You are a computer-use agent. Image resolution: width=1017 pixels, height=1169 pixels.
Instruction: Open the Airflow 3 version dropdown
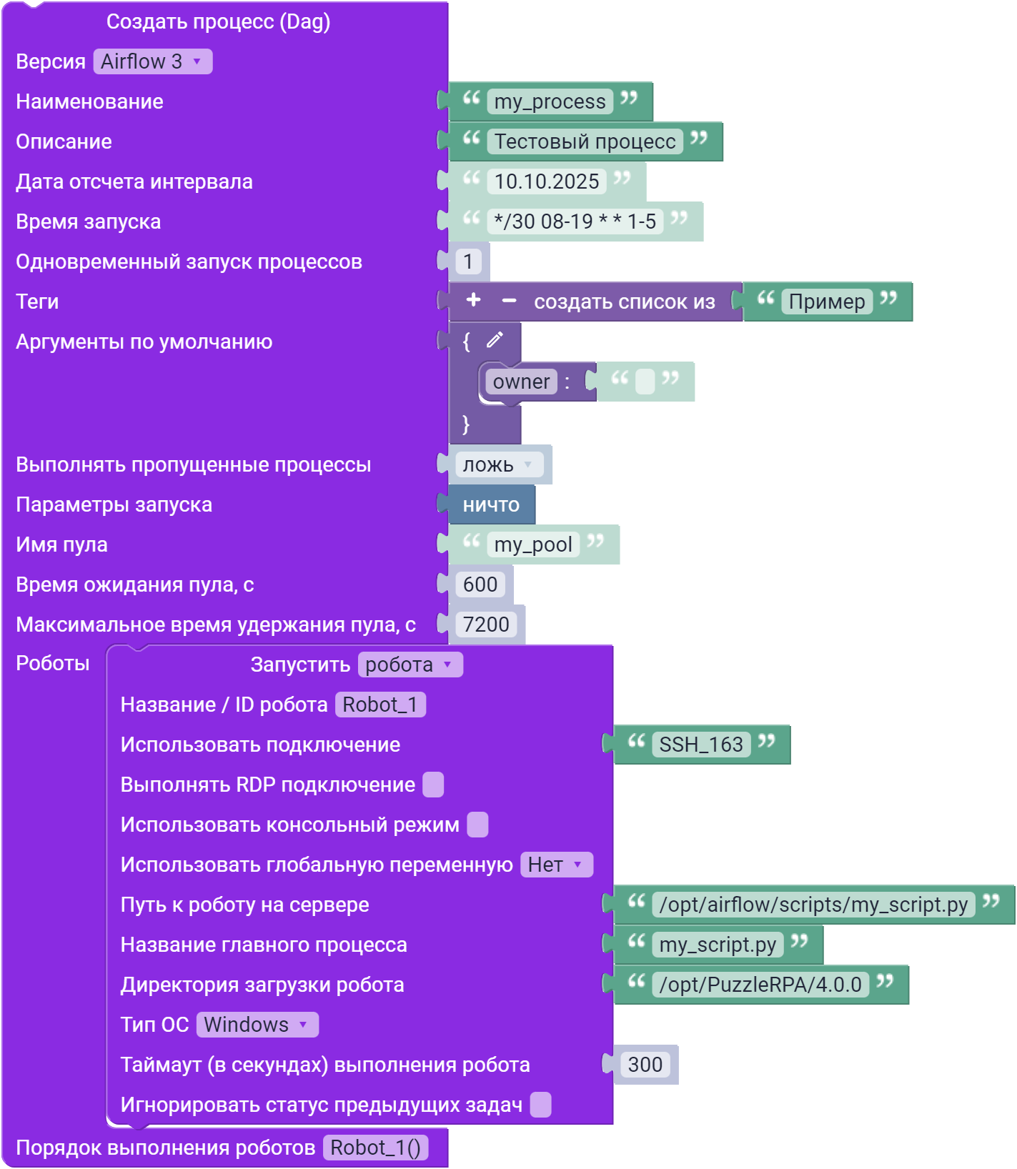(x=153, y=61)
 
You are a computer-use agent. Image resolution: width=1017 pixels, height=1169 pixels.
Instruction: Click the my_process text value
(x=550, y=101)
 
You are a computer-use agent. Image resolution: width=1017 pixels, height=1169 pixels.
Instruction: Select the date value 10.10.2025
(x=547, y=181)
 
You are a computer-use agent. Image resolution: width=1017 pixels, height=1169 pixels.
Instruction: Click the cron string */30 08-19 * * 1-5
(x=575, y=222)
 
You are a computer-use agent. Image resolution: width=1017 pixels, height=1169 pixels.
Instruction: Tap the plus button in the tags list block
(x=473, y=300)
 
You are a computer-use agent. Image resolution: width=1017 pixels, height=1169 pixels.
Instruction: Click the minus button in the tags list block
(x=509, y=301)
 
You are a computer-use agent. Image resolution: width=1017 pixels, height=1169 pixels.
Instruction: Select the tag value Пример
(x=827, y=302)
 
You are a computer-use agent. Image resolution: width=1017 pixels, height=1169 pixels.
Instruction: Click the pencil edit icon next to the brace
(x=495, y=340)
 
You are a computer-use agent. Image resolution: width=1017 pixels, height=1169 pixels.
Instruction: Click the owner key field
(x=521, y=382)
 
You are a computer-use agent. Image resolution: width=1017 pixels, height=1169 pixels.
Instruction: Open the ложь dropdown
(x=499, y=464)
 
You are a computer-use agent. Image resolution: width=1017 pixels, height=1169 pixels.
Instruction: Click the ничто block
(x=492, y=504)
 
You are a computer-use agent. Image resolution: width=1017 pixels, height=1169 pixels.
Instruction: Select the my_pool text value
(x=533, y=544)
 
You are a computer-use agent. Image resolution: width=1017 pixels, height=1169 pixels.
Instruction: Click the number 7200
(x=486, y=625)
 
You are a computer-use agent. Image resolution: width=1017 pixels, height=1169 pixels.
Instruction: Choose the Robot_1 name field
(x=380, y=705)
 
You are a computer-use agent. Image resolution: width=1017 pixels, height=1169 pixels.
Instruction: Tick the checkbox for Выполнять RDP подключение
(x=433, y=785)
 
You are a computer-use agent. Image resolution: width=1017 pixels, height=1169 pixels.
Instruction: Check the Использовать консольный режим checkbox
(x=477, y=825)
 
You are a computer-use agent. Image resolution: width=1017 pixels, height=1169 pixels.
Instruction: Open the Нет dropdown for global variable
(x=556, y=865)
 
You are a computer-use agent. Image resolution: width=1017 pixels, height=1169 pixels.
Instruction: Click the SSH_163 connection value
(x=701, y=745)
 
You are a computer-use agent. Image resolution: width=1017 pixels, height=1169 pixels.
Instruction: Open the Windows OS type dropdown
(x=257, y=1025)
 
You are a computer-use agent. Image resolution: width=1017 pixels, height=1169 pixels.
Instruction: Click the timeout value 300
(x=645, y=1065)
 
